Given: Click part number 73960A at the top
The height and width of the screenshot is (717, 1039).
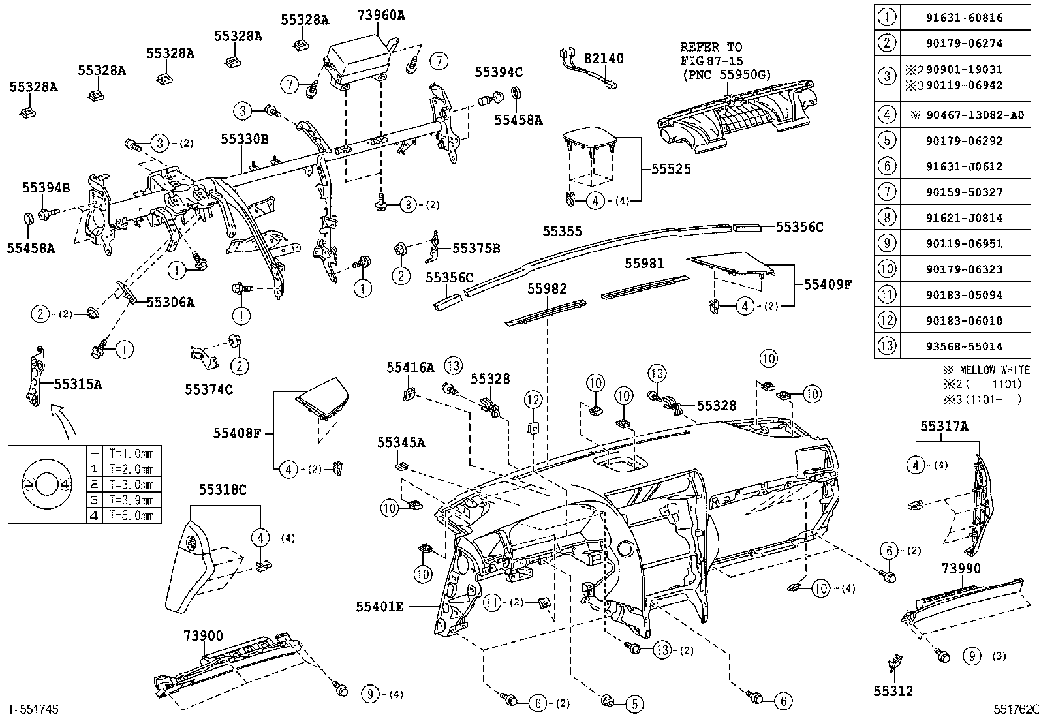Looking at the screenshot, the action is pos(380,15).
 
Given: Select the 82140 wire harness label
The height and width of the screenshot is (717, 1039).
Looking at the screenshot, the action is pos(604,59).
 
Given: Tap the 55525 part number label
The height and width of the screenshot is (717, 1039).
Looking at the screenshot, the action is pos(671,169).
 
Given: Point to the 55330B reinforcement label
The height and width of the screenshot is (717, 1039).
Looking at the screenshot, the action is pos(245,139).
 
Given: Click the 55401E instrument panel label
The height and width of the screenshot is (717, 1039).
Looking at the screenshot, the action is pos(380,607).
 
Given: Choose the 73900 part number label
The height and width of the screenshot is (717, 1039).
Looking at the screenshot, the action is pos(203,635).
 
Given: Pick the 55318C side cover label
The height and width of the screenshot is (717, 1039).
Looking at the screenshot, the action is pos(223,489).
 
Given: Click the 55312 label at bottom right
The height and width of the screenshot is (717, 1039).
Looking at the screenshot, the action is pos(893,691).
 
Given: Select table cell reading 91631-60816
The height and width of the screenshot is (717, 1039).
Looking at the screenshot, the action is pos(965,18).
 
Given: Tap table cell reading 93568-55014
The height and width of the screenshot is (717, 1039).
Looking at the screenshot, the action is pos(965,346).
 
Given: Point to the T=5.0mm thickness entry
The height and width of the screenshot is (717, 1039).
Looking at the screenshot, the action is pos(132,515).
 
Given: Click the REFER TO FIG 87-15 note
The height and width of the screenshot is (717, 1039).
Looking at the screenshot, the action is pos(725,61).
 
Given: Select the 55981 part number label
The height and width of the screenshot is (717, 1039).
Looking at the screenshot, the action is pos(644,264).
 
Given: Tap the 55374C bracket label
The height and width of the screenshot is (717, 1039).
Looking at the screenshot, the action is pos(209,389).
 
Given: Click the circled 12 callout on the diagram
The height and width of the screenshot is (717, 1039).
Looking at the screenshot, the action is pos(533,399).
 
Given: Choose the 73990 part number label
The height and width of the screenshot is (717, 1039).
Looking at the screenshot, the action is pos(961,568).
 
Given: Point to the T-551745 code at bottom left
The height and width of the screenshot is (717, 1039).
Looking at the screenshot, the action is pos(33,709).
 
